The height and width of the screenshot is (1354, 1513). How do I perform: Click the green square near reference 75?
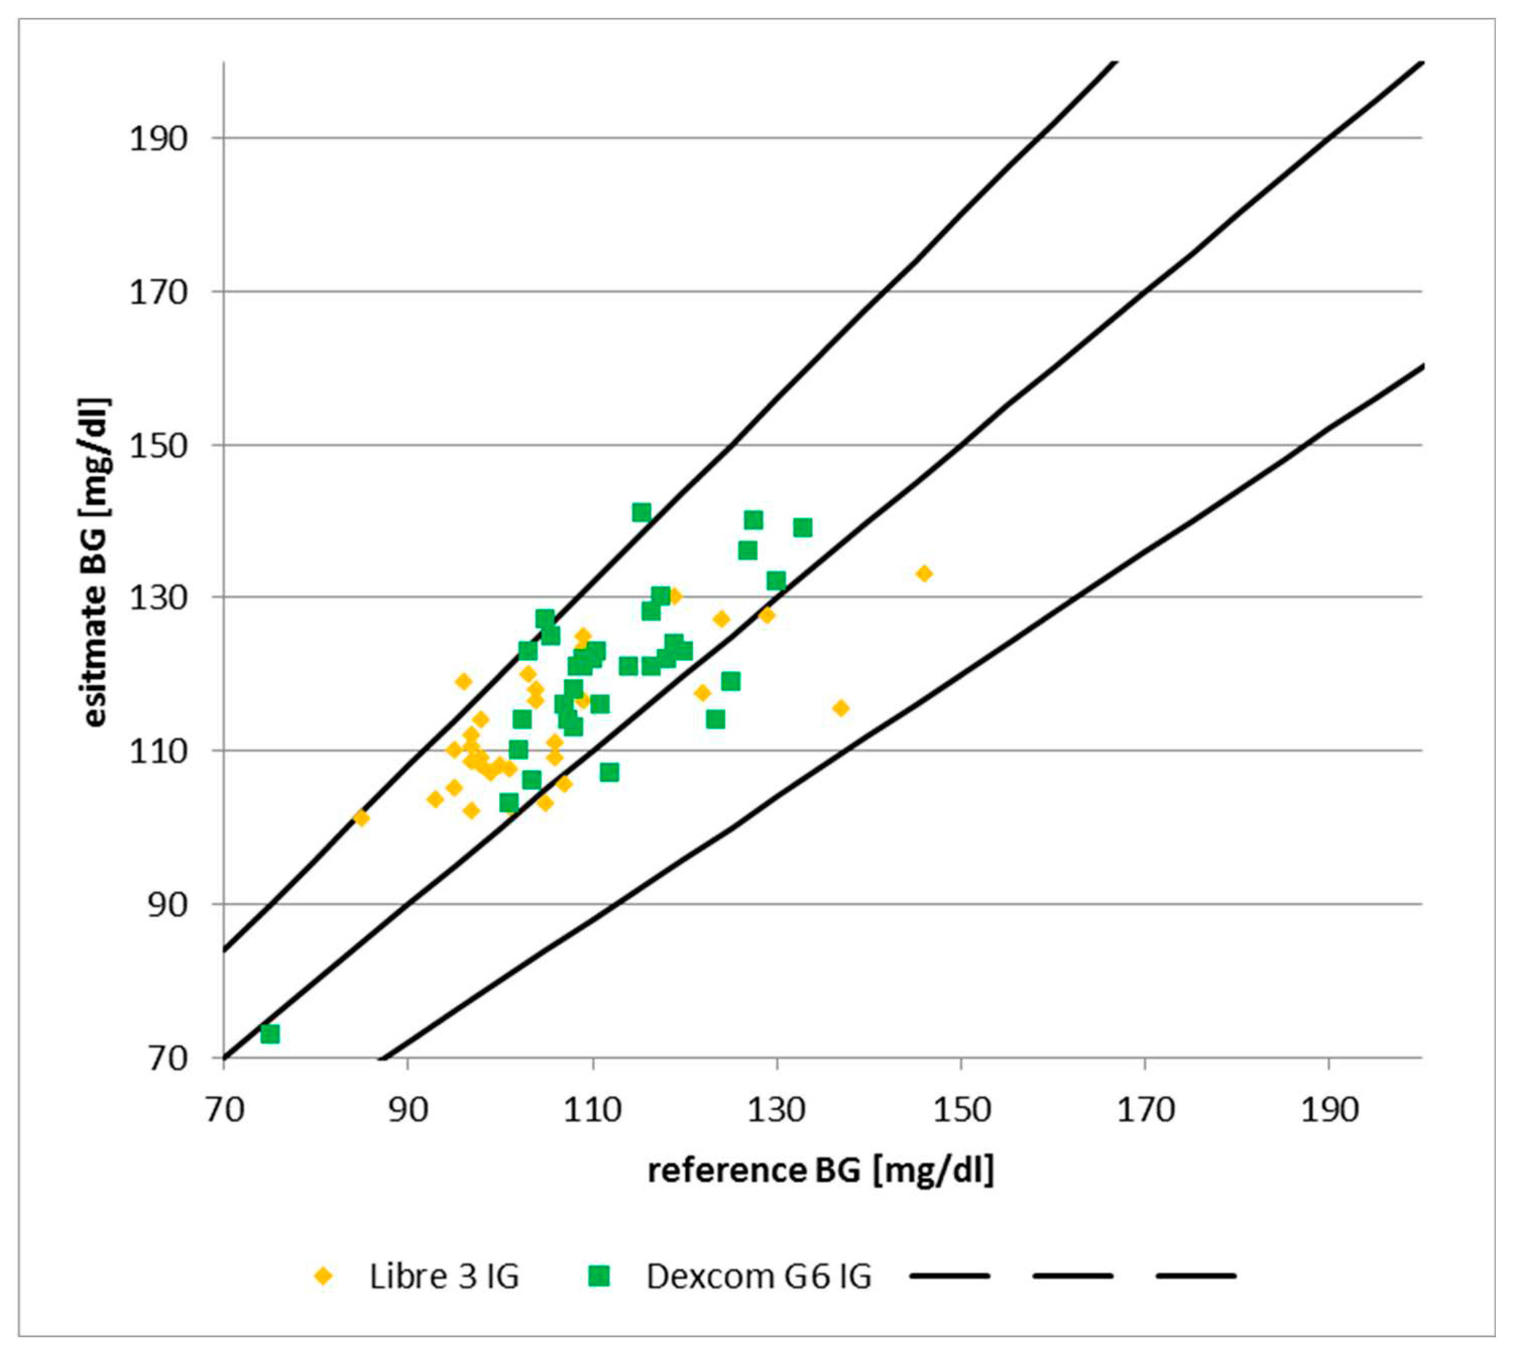(270, 1034)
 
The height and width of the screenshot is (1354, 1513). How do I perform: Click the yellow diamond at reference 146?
(924, 573)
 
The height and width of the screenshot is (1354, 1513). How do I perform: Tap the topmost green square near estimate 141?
(641, 512)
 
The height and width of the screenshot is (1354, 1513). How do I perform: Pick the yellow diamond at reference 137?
(841, 708)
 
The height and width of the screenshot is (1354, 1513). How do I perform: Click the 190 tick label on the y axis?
(158, 139)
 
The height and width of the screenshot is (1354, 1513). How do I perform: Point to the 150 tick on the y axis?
(158, 446)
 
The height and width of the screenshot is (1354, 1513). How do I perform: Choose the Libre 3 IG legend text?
(444, 1277)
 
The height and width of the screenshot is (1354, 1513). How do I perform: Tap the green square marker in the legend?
(599, 1277)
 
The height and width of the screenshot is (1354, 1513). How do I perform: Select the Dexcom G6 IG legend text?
(759, 1277)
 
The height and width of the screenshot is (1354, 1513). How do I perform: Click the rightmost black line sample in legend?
(1196, 1276)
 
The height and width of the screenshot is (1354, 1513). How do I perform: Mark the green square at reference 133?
(802, 528)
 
